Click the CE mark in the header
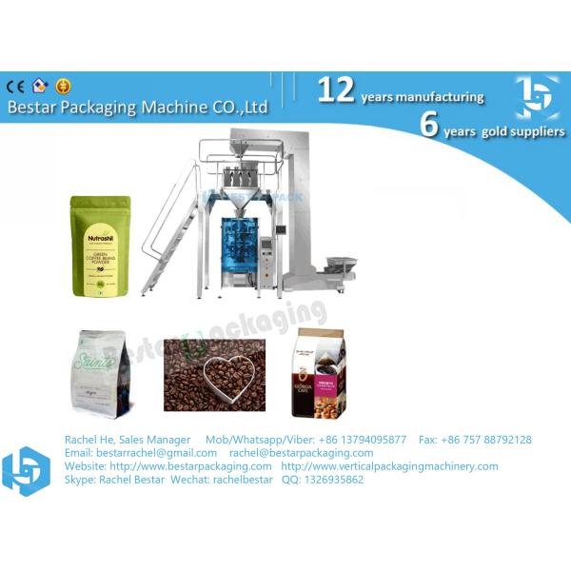[16, 86]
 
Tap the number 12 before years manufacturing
[336, 90]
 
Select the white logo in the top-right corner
[537, 97]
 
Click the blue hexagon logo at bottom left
[26, 470]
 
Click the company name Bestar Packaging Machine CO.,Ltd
[138, 107]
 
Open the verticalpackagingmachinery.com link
[389, 466]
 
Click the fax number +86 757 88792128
[475, 440]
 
